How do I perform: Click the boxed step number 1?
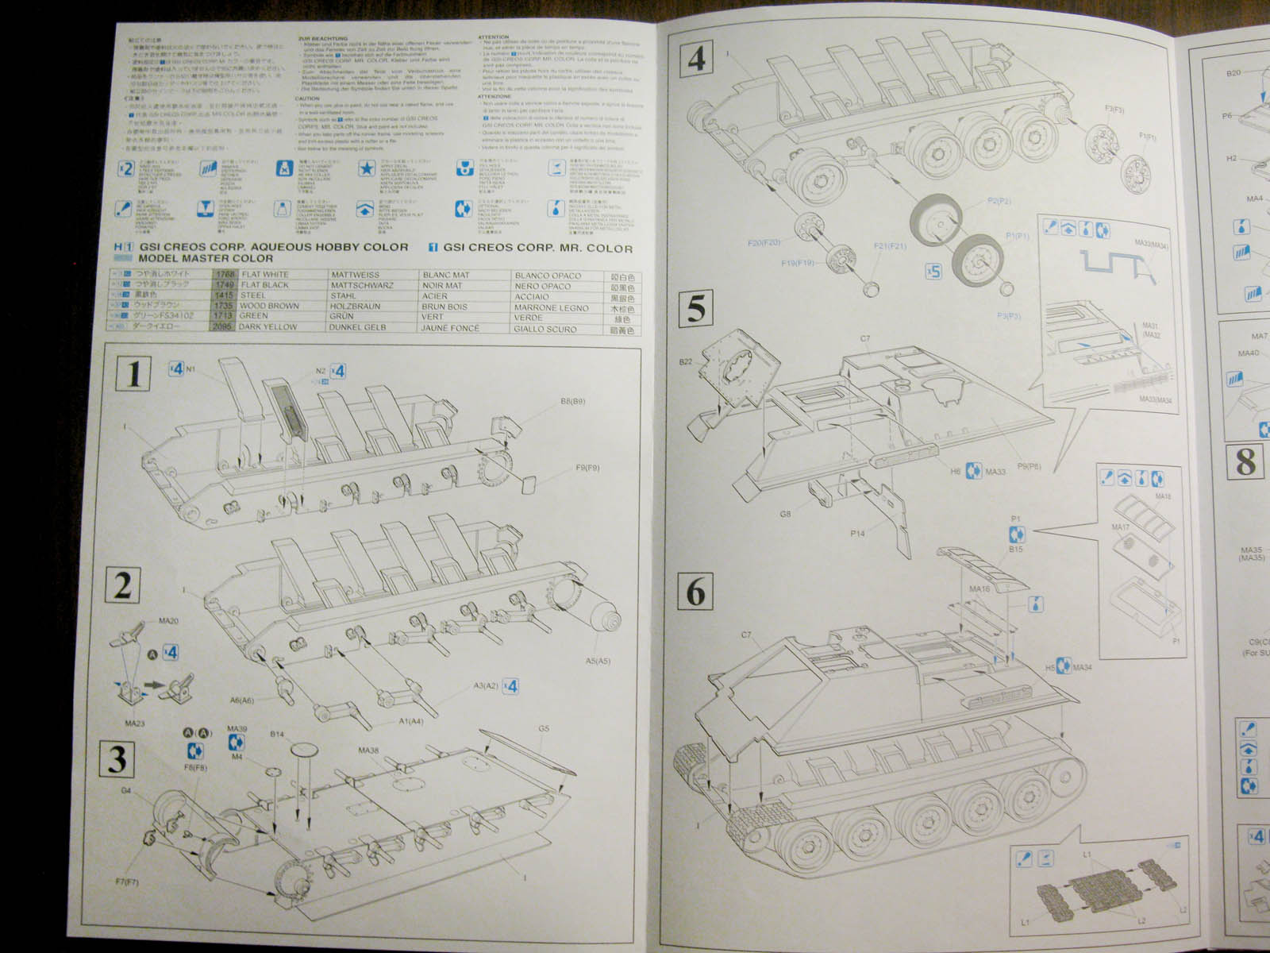pos(134,373)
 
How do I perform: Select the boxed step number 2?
pos(122,587)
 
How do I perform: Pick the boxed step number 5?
pos(695,307)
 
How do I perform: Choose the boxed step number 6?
pos(696,592)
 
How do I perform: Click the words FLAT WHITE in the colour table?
pos(265,275)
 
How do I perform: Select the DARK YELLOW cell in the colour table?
pos(267,326)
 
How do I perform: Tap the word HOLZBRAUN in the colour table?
pos(359,306)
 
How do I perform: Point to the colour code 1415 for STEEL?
pos(222,295)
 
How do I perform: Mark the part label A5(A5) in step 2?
pos(598,660)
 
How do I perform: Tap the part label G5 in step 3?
pos(543,728)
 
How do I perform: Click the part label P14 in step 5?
pos(857,534)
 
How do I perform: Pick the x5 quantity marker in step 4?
pos(933,271)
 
